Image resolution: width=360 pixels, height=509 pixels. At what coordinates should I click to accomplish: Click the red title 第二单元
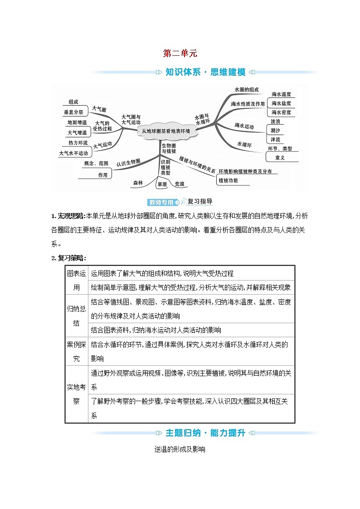click(x=180, y=53)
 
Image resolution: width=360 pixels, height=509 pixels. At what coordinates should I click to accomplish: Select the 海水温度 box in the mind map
click(x=281, y=94)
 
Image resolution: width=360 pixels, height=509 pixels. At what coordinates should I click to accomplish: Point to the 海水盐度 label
click(x=281, y=103)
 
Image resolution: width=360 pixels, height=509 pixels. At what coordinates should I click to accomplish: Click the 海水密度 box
click(x=281, y=112)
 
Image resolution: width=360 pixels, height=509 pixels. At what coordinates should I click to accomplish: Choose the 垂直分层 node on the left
click(x=73, y=111)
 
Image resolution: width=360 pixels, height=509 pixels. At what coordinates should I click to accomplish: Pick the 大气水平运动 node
click(x=73, y=153)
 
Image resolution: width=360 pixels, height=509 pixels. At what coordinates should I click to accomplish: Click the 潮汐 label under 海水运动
click(x=275, y=131)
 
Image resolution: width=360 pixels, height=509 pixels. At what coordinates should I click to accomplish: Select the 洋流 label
click(x=275, y=139)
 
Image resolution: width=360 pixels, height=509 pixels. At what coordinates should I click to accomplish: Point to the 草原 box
click(x=162, y=184)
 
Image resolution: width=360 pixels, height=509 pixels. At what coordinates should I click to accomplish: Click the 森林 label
click(x=138, y=183)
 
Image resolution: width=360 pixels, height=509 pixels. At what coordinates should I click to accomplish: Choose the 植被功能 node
click(x=228, y=180)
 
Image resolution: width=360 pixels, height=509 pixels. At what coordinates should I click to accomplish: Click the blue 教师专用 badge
click(x=161, y=202)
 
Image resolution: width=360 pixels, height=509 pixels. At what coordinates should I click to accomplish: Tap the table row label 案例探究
click(x=76, y=352)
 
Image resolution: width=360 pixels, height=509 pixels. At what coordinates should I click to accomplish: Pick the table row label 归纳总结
click(x=76, y=316)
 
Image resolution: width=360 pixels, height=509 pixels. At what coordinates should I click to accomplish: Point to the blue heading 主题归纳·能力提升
click(x=205, y=433)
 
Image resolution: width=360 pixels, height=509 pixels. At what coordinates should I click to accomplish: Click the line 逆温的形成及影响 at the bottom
click(x=180, y=450)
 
